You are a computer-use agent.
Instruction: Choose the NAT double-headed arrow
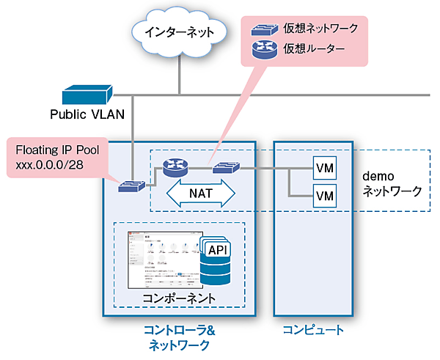coord(201,193)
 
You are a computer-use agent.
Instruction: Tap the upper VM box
coord(324,168)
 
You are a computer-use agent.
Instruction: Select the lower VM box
coord(324,196)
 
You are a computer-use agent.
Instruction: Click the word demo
coord(379,177)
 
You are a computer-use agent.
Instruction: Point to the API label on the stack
coord(216,251)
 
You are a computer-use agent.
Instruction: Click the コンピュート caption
coord(313,331)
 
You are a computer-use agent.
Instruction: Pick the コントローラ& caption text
coord(179,331)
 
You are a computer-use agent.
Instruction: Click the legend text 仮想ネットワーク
coord(321,29)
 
